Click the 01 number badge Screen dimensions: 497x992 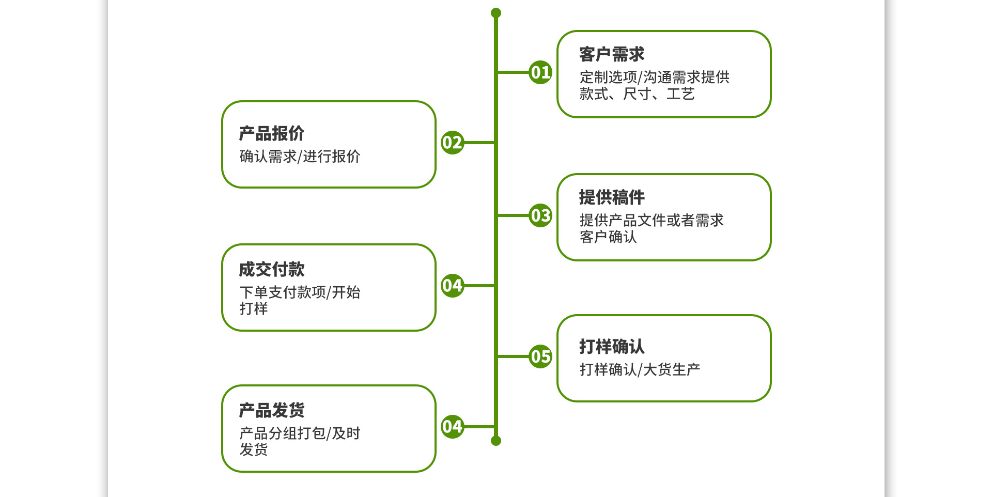pyautogui.click(x=540, y=72)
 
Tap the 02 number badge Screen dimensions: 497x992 pyautogui.click(x=452, y=143)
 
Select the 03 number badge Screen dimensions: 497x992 pyautogui.click(x=540, y=215)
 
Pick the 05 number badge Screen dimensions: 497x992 pyautogui.click(x=540, y=356)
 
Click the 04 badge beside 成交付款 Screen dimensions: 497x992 pyautogui.click(x=452, y=286)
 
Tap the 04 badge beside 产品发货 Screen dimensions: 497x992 pyautogui.click(x=452, y=427)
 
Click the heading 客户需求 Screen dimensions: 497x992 pyautogui.click(x=612, y=54)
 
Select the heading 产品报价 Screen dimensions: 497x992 pyautogui.click(x=272, y=133)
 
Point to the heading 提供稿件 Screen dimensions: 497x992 pyautogui.click(x=612, y=197)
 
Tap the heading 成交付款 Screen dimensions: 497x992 pyautogui.click(x=272, y=269)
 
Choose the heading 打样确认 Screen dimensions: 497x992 pyautogui.click(x=612, y=347)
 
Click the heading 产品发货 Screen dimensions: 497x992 pyautogui.click(x=272, y=410)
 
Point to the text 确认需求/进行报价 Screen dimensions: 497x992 pyautogui.click(x=300, y=157)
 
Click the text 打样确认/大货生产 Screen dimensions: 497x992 pyautogui.click(x=640, y=369)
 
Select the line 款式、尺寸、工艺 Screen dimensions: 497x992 pyautogui.click(x=637, y=94)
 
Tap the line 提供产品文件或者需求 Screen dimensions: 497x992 pyautogui.click(x=651, y=221)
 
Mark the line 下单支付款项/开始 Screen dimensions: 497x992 pyautogui.click(x=300, y=292)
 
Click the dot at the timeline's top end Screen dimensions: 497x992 pyautogui.click(x=496, y=13)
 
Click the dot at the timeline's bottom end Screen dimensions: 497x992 pyautogui.click(x=496, y=441)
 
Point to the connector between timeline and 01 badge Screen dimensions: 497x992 pyautogui.click(x=513, y=72)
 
